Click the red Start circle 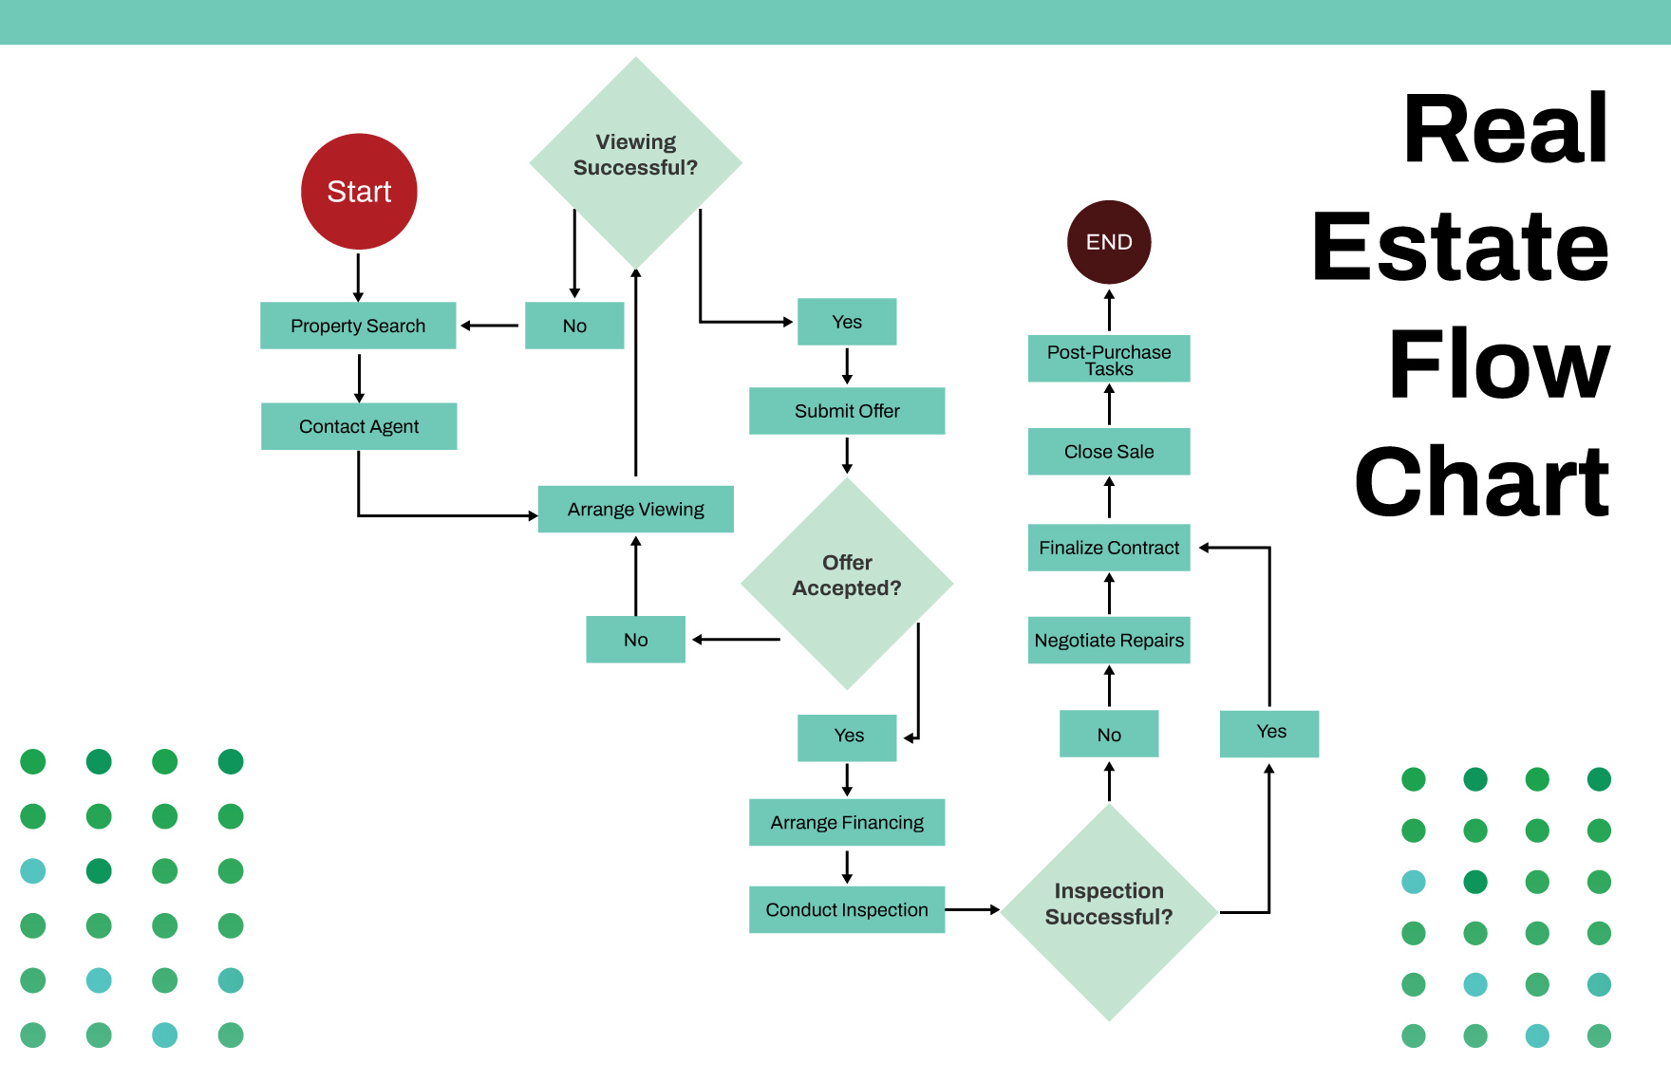(x=359, y=192)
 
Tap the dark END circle (x=1109, y=242)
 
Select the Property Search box (x=358, y=326)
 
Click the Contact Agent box (x=359, y=426)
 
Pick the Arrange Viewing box (x=635, y=510)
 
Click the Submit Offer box (x=847, y=411)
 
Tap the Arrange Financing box (x=847, y=823)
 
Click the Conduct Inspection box (x=847, y=910)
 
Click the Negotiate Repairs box (x=1109, y=641)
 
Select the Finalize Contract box (x=1109, y=548)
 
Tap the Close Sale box (x=1109, y=452)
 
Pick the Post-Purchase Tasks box (x=1109, y=359)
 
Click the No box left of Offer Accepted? (x=635, y=640)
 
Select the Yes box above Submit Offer (x=847, y=322)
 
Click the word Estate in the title (x=1460, y=247)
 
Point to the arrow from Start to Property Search (x=359, y=276)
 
